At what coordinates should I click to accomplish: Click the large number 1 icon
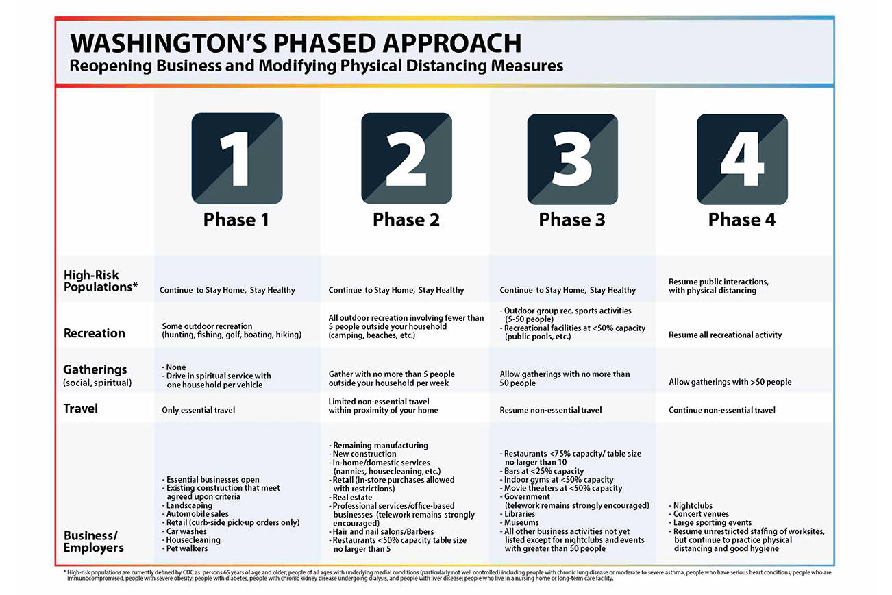(237, 158)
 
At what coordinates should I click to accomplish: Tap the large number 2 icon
(406, 158)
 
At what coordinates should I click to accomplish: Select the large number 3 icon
(572, 158)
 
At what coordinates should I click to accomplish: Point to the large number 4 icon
(742, 158)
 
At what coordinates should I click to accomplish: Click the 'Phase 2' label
(406, 220)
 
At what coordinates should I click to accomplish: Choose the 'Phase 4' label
(742, 220)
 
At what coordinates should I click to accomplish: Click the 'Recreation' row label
(95, 334)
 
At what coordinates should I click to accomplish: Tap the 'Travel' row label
(81, 409)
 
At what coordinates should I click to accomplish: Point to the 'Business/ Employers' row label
(94, 542)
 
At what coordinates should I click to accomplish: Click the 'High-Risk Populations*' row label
(101, 281)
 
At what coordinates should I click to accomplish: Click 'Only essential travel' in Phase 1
(199, 411)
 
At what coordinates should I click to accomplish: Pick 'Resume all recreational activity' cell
(725, 335)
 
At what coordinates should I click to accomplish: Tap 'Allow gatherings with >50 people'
(730, 382)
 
